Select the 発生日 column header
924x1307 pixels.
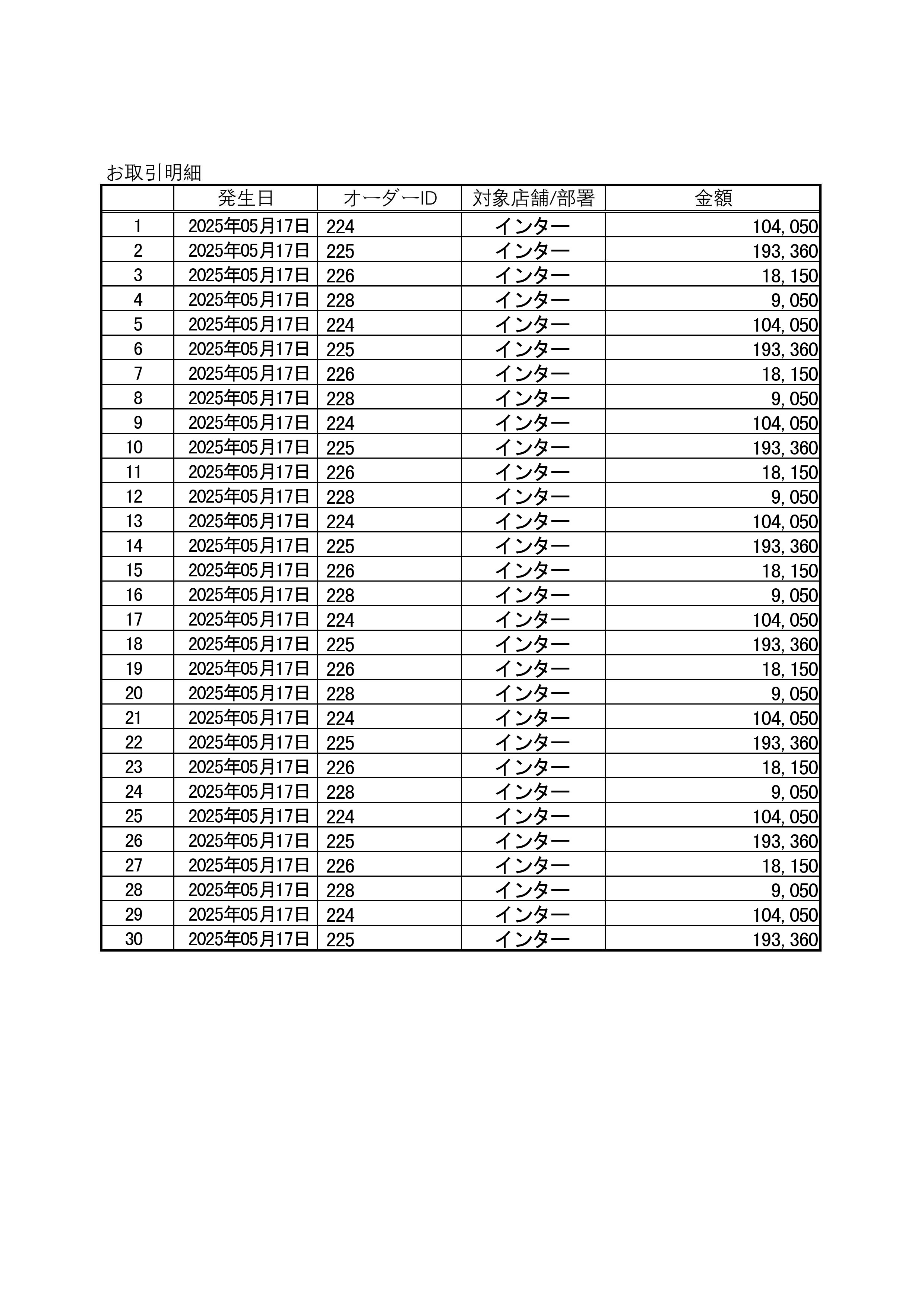[x=246, y=198]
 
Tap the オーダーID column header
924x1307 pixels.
[x=390, y=198]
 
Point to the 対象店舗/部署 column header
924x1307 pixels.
[x=534, y=198]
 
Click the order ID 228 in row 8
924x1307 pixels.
[x=341, y=399]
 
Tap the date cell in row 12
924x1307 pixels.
[x=249, y=496]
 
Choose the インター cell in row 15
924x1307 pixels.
[x=532, y=570]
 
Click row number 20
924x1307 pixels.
[x=134, y=693]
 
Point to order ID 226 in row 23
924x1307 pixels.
[x=341, y=768]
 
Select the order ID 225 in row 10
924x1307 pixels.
[x=341, y=448]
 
